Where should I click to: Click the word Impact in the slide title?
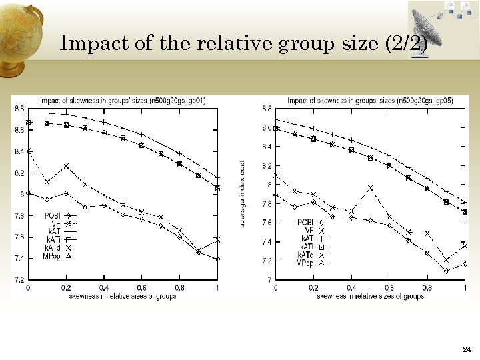[87, 44]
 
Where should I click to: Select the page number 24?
[465, 349]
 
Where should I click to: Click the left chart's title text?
[123, 101]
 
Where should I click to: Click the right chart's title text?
[370, 101]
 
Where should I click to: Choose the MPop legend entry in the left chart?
[53, 255]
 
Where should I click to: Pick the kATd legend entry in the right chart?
[306, 255]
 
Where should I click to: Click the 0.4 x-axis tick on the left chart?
[103, 287]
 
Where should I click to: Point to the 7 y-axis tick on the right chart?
[269, 280]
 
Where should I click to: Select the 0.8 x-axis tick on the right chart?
[427, 288]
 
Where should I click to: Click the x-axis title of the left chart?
[123, 295]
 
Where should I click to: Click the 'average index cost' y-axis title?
[243, 193]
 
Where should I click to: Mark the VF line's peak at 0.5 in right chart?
[370, 188]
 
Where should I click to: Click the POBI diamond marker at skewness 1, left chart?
[217, 259]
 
